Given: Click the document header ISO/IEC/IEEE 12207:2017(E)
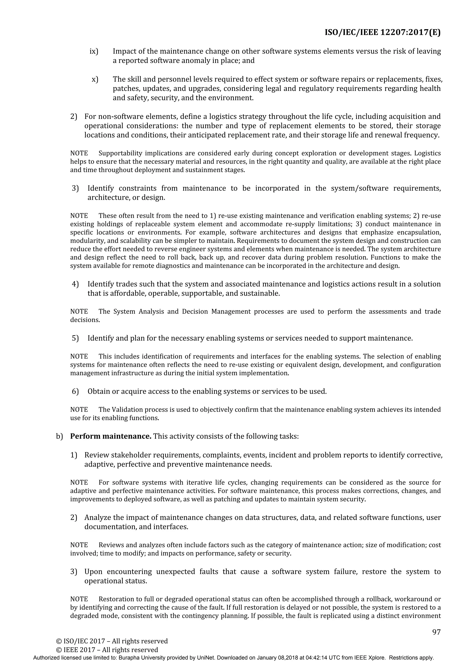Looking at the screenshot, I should point(382,32).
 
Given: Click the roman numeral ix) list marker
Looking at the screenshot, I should point(94,51).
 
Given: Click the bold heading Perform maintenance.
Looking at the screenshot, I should point(111,436).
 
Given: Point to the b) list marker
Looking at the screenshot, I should point(59,436).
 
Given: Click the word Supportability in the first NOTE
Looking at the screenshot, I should point(120,153).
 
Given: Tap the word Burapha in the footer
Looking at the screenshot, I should point(129,658).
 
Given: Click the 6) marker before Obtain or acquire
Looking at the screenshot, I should point(75,391).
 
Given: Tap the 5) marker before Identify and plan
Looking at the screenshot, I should point(75,338).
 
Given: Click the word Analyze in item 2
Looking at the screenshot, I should point(98,517).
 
